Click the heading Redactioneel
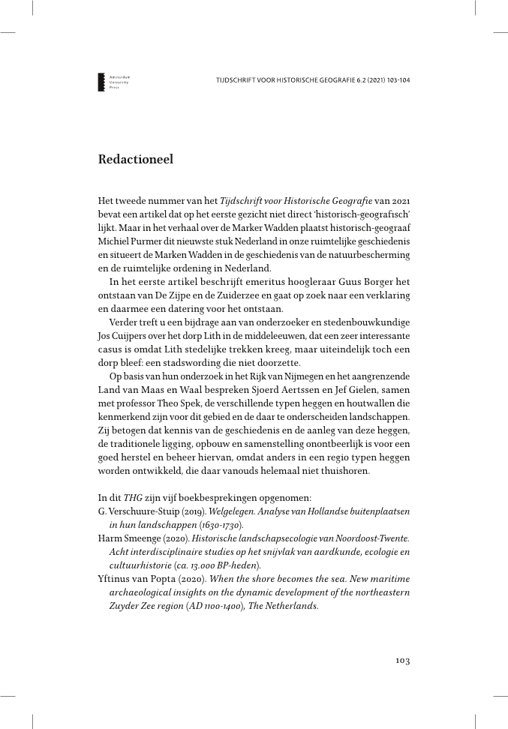(136, 160)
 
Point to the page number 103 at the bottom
(402, 661)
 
